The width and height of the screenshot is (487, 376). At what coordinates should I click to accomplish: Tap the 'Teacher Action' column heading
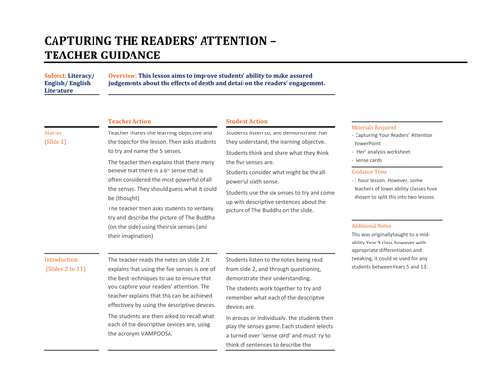click(x=130, y=121)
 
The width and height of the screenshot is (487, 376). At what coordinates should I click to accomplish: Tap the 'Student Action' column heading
click(x=246, y=121)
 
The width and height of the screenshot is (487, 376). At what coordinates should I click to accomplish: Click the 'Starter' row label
click(x=54, y=132)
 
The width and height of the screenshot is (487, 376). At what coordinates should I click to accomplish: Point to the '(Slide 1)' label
click(x=56, y=142)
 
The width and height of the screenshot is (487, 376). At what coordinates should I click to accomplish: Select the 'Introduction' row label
click(x=60, y=260)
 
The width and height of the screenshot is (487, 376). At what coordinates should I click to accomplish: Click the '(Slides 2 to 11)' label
click(x=65, y=270)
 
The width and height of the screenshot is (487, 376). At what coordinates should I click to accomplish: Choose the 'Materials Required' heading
click(x=373, y=127)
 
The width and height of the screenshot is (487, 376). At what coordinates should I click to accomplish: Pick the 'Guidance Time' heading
click(x=368, y=171)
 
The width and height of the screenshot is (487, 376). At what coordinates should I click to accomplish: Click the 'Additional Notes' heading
click(x=370, y=225)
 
